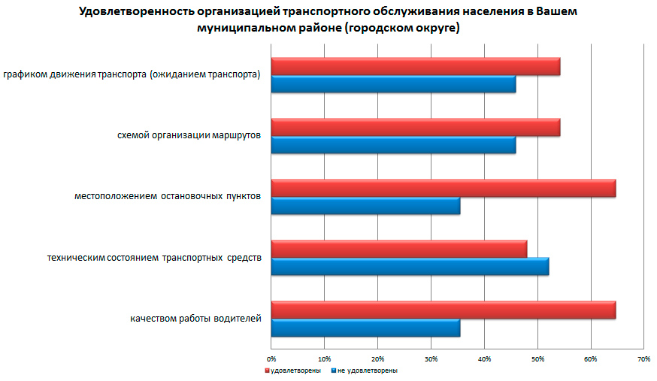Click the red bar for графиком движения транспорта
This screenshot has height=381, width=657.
(415, 67)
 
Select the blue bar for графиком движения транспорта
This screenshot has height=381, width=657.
(393, 84)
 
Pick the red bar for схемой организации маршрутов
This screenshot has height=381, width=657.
(415, 128)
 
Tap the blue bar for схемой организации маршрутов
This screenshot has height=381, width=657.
(393, 145)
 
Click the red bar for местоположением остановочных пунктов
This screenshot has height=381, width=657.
(443, 189)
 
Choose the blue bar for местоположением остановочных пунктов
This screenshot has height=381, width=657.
(365, 206)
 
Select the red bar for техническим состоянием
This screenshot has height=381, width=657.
(398, 249)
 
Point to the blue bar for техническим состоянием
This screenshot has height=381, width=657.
(410, 266)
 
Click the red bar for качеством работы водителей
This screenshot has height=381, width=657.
(443, 310)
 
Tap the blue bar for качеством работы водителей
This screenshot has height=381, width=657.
(365, 327)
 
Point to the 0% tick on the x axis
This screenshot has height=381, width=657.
(272, 358)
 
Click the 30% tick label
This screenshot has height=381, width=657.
(431, 358)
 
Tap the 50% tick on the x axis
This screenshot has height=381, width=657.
(537, 358)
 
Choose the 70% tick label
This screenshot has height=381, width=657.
(643, 358)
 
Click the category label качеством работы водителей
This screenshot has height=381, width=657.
(195, 319)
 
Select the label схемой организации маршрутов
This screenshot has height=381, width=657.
(189, 136)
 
